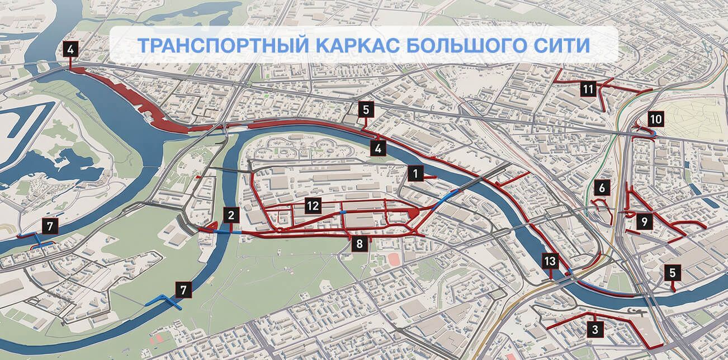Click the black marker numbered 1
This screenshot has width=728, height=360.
coord(415,173)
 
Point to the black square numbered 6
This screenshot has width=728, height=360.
coord(602,188)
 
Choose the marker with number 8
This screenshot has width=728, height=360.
coord(360,243)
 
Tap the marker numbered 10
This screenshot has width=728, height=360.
coord(656,119)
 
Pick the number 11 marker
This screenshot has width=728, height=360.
coord(587,89)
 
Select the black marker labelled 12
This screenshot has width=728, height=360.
coord(313,206)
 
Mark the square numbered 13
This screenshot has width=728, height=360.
coord(550,260)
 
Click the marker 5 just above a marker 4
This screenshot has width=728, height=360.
coord(366,110)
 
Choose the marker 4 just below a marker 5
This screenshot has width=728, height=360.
coord(379,148)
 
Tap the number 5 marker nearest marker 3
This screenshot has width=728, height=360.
coord(673,273)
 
